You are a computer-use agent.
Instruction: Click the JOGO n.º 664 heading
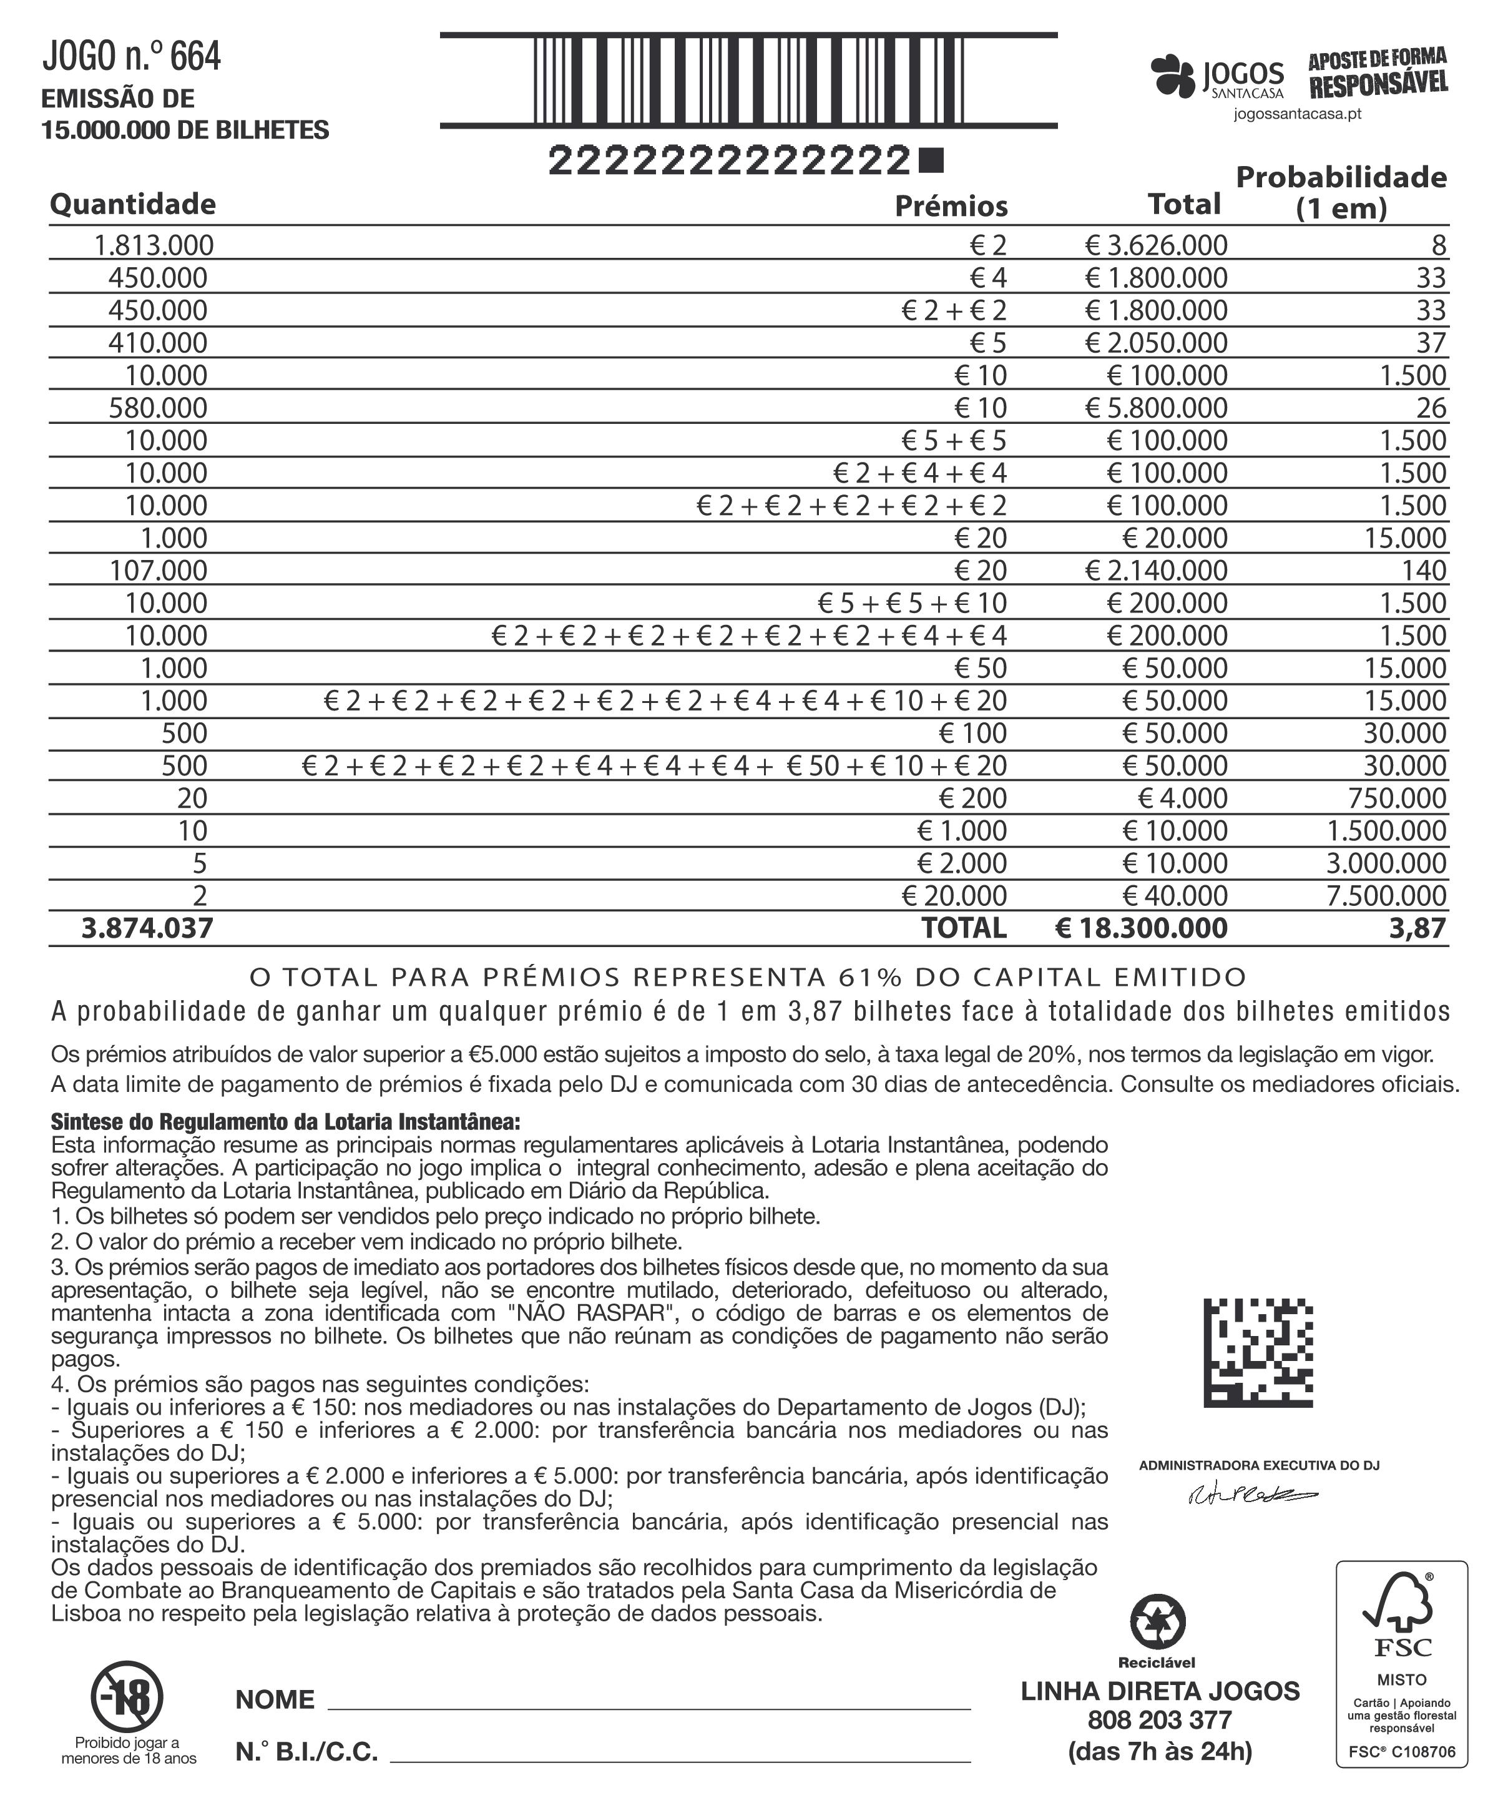click(x=132, y=57)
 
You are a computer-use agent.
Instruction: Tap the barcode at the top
click(x=748, y=81)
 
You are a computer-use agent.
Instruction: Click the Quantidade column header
click(x=133, y=204)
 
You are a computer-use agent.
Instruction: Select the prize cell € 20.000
click(x=954, y=896)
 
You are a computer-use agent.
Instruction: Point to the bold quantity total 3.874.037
click(x=147, y=928)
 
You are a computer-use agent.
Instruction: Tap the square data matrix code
click(x=1258, y=1353)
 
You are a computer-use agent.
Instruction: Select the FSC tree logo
click(x=1401, y=1618)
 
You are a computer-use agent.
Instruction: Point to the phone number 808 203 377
click(x=1159, y=1720)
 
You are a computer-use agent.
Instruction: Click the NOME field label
click(x=275, y=1699)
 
